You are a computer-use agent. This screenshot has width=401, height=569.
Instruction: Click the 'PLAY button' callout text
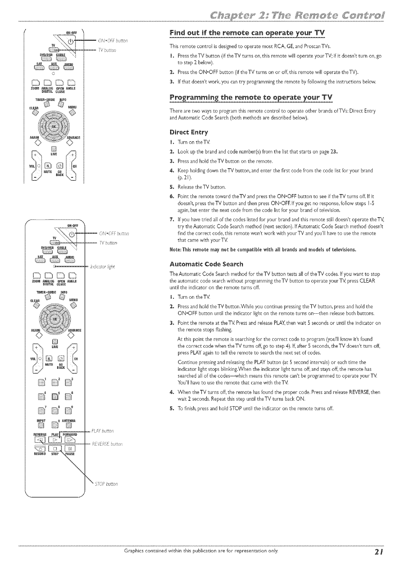coord(102,431)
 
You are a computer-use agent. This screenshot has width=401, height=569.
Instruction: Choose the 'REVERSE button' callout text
coord(107,444)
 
